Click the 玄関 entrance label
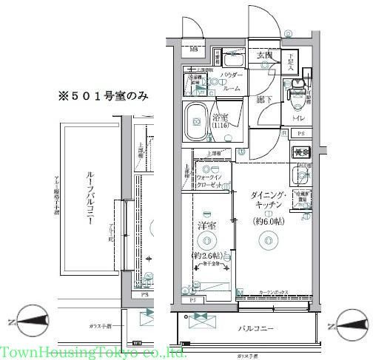266,56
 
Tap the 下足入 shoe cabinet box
292,63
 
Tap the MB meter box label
194,50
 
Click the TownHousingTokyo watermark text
93,352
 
